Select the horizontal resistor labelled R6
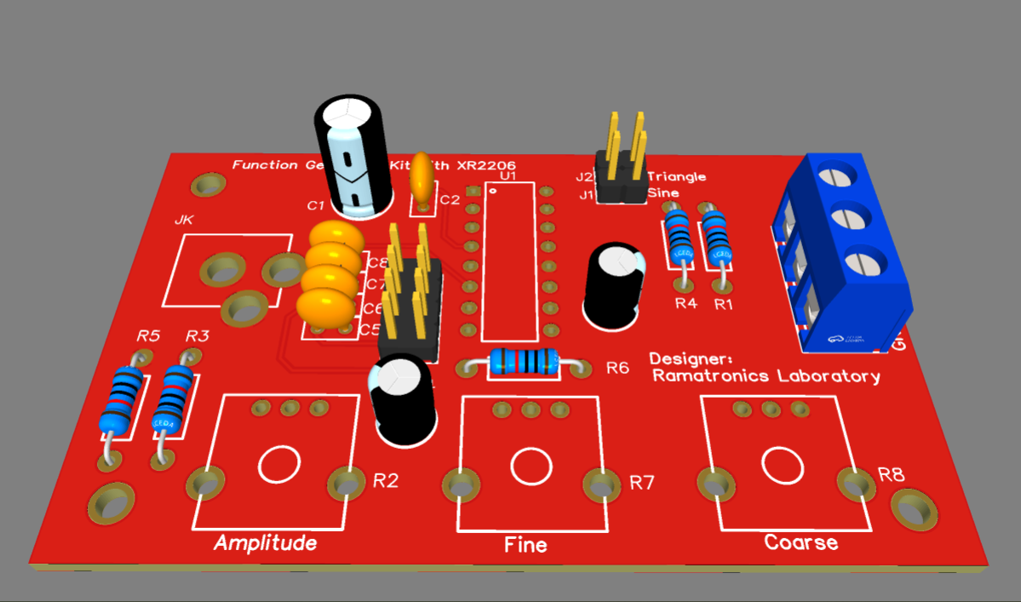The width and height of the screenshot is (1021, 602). [x=523, y=363]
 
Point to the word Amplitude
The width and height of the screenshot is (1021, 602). [x=265, y=543]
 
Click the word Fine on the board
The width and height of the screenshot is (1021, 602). [x=525, y=545]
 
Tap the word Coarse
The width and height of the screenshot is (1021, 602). [x=800, y=542]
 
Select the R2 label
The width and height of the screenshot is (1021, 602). [x=386, y=481]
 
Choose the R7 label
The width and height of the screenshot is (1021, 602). [x=642, y=483]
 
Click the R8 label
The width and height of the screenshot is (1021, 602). [x=892, y=475]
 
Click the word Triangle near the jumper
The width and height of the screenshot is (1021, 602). [x=677, y=176]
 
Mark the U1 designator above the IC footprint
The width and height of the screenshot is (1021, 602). [x=508, y=175]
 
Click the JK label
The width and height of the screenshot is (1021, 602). [x=184, y=220]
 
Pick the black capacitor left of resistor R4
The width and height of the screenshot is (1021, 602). [x=613, y=285]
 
